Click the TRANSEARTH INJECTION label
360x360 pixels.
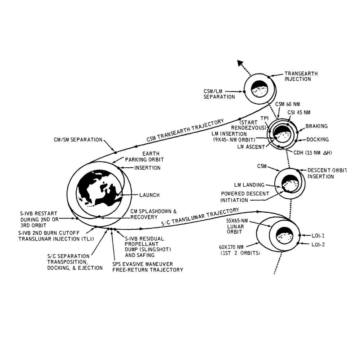[x=301, y=76]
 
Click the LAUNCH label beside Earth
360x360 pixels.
[x=149, y=195]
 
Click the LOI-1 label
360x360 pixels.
[x=318, y=236]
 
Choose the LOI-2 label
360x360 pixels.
[x=318, y=245]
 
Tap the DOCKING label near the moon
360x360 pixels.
[x=317, y=140]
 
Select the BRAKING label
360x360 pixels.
[x=316, y=126]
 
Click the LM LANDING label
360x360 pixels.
[x=249, y=185]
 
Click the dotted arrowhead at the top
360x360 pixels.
[x=239, y=62]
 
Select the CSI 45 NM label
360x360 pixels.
[x=299, y=112]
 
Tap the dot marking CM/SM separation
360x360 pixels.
[x=116, y=153]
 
